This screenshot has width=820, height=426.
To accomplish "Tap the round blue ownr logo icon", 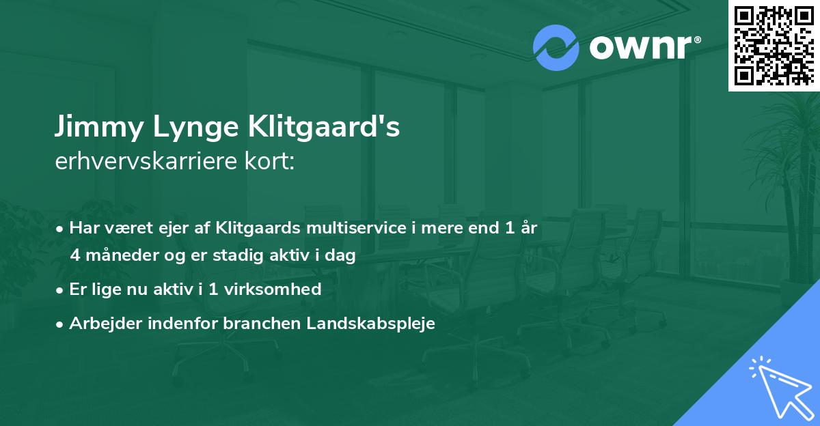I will tap(556, 48).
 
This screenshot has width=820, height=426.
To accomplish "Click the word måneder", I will tap(124, 257).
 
